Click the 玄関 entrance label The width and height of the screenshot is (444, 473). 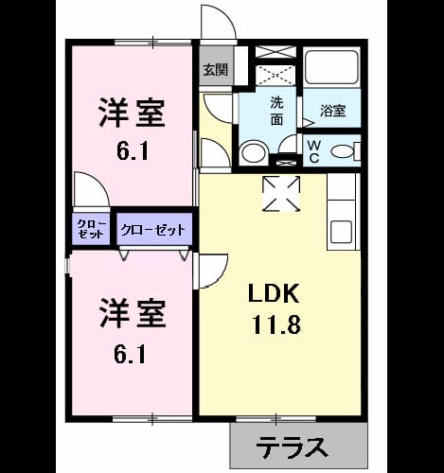[x=215, y=70]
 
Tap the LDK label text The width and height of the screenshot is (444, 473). [x=274, y=293]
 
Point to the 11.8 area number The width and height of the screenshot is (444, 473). [x=275, y=324]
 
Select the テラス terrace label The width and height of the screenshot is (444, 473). [x=292, y=447]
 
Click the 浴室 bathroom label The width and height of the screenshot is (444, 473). [x=333, y=111]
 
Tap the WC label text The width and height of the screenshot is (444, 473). [x=314, y=151]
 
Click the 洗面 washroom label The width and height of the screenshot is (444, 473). [x=276, y=111]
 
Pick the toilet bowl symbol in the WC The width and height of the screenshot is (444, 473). [x=343, y=151]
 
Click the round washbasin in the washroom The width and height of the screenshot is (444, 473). [x=254, y=154]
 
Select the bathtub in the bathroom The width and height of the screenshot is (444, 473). [x=331, y=66]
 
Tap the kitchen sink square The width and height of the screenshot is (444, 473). [x=341, y=232]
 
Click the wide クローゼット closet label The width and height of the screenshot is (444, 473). [x=153, y=230]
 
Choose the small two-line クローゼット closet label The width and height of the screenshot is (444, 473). [x=91, y=229]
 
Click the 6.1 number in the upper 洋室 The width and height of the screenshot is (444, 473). [x=133, y=152]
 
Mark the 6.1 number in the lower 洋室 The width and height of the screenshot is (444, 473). [x=130, y=355]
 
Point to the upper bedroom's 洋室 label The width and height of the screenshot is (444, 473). [x=133, y=113]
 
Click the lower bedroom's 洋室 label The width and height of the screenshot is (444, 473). [x=133, y=313]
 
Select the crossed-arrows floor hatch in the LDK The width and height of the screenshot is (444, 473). [x=281, y=193]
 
